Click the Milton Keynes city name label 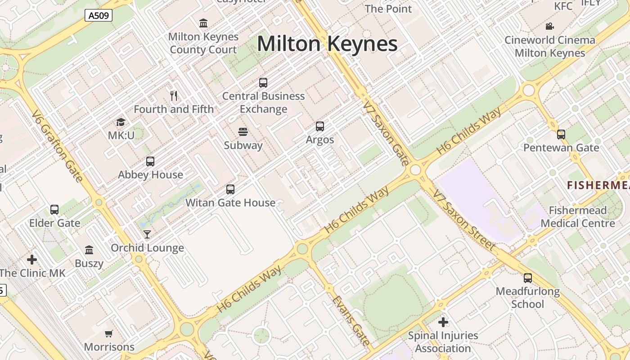327,44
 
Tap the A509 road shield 99,16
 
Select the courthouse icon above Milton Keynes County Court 203,23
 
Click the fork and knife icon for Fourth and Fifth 174,95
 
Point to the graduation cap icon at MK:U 121,122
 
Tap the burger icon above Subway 243,132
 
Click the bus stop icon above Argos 320,126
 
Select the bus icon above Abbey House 150,162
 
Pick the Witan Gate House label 230,203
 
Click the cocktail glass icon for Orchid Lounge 147,234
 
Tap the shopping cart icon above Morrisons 108,334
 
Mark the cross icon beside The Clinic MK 32,260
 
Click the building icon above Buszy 89,250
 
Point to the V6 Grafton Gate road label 57,146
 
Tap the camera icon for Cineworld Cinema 549,27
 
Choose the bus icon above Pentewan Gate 561,134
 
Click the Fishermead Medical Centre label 578,216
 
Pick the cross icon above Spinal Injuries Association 443,322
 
